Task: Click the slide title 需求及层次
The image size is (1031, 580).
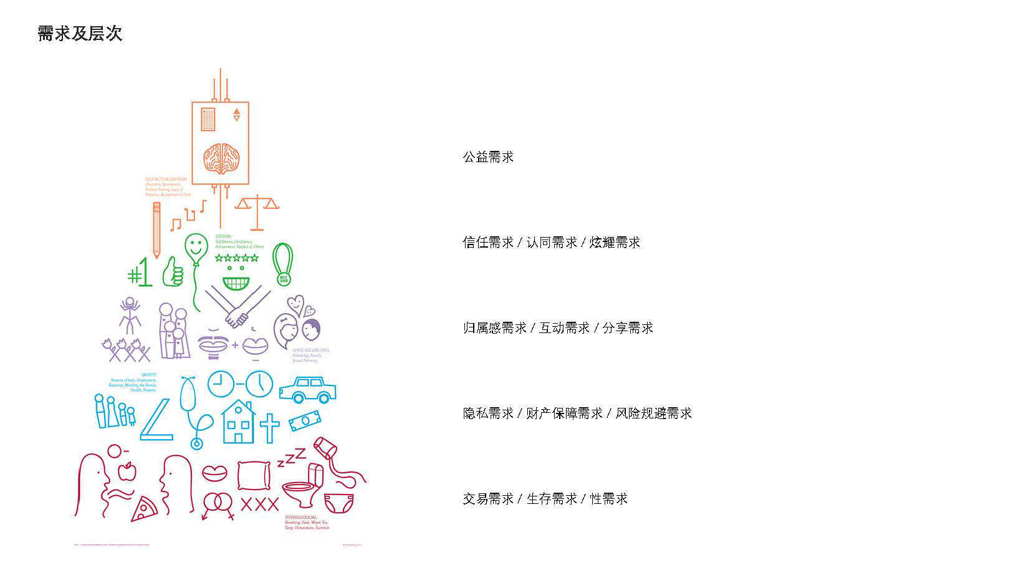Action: click(x=80, y=33)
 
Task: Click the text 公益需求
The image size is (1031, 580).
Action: click(x=488, y=157)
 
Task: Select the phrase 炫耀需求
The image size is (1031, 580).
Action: click(x=615, y=243)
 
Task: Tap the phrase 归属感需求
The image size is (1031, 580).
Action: click(x=495, y=328)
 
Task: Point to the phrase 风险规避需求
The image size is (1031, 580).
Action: click(x=653, y=413)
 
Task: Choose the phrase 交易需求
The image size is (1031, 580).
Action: click(x=488, y=499)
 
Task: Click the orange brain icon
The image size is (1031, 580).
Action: click(x=221, y=158)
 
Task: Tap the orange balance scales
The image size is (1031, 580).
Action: click(x=257, y=209)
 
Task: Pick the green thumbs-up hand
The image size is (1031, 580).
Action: click(x=173, y=273)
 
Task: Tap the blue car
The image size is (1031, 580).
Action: click(x=307, y=389)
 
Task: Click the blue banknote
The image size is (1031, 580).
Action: click(x=305, y=420)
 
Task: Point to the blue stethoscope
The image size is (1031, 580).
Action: click(x=190, y=408)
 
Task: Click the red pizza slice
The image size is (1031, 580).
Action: click(x=145, y=509)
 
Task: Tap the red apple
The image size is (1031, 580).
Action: click(x=127, y=471)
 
